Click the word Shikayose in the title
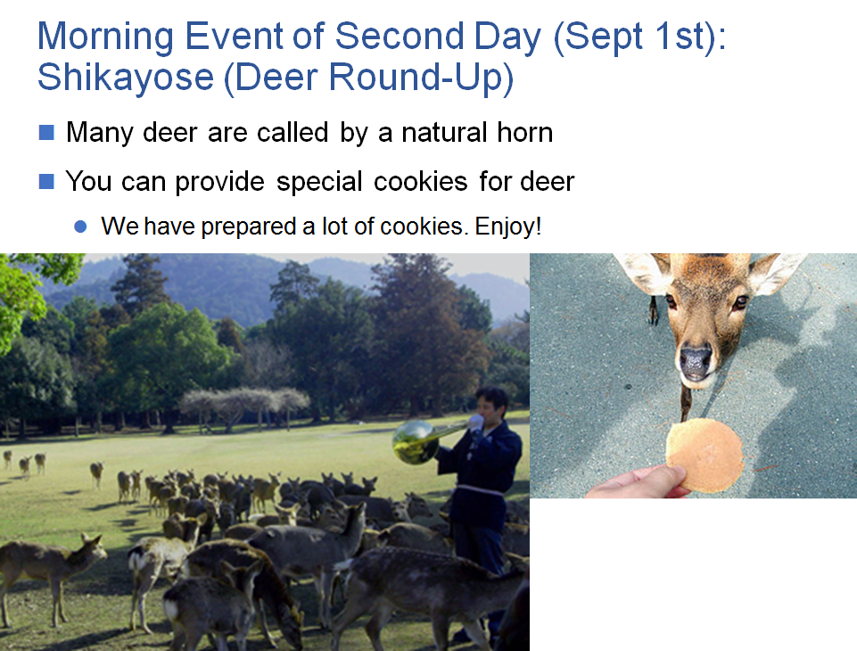click(x=126, y=78)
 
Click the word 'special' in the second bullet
click(x=319, y=181)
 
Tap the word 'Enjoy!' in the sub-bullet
click(x=507, y=227)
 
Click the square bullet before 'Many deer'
click(x=46, y=132)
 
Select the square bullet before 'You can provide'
click(x=46, y=181)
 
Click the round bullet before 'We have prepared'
click(x=80, y=227)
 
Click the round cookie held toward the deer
click(x=705, y=456)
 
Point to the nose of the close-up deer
click(x=696, y=361)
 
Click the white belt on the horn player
click(x=480, y=490)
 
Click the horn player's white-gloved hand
click(x=476, y=423)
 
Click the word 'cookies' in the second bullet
click(x=420, y=181)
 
